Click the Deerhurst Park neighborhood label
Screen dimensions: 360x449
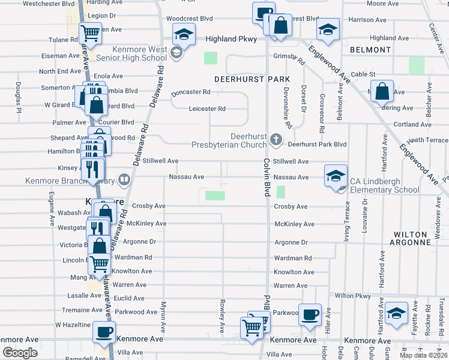(252, 79)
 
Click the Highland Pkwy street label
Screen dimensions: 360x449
(231, 39)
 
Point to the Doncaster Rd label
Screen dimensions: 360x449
(190, 92)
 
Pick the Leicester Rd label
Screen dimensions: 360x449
(207, 109)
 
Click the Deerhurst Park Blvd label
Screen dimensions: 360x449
(317, 145)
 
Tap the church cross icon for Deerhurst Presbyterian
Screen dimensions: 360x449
(276, 140)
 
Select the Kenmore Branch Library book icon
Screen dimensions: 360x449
(124, 179)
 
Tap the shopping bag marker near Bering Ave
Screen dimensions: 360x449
(382, 92)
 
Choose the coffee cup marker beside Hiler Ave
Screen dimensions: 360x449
(310, 315)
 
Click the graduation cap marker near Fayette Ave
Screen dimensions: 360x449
(396, 313)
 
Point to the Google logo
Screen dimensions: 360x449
(20, 353)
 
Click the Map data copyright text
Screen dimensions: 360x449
(423, 355)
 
